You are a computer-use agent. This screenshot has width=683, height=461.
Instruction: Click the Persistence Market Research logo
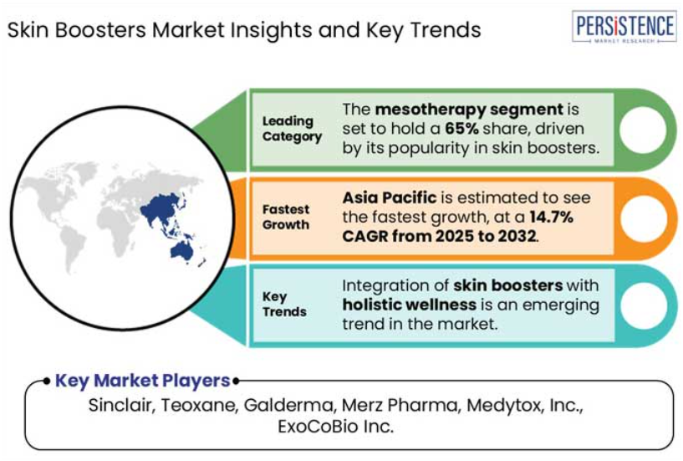tap(624, 27)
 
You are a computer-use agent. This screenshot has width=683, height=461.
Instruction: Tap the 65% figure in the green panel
tap(461, 129)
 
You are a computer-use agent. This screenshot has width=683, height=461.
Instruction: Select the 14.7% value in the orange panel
tap(552, 217)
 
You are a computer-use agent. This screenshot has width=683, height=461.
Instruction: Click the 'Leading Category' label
tap(292, 129)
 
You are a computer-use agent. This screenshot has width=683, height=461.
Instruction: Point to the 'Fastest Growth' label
tap(286, 217)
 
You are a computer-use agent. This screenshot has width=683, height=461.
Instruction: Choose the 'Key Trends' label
tap(284, 304)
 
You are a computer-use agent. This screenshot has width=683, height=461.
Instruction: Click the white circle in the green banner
tap(643, 130)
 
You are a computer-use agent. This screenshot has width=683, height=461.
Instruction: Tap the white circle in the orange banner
tap(644, 218)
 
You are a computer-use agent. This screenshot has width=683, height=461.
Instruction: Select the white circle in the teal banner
tap(644, 305)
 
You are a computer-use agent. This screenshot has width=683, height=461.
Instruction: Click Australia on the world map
tap(181, 251)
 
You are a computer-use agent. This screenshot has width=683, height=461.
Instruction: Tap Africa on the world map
tap(116, 228)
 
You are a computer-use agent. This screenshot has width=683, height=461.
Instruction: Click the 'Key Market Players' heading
tap(142, 381)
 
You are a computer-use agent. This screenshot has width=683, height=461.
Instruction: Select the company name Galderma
tap(288, 405)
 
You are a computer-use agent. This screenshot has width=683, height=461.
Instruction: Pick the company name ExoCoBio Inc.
tap(336, 426)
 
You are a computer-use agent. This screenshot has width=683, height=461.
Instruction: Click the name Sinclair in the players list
tap(120, 405)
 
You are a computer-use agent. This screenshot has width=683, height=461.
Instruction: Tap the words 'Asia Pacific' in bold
tap(390, 197)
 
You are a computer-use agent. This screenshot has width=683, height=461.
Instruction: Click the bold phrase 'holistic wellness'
tap(409, 305)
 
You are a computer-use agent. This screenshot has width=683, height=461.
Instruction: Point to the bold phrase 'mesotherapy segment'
tap(469, 109)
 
